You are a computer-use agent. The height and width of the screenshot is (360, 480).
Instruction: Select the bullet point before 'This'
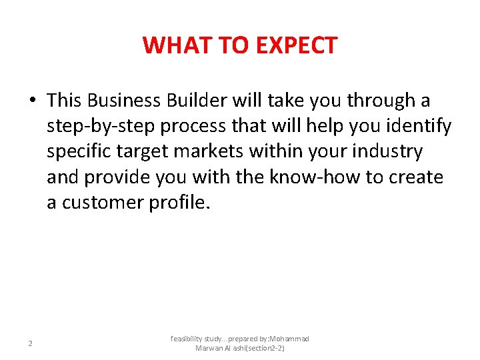32,101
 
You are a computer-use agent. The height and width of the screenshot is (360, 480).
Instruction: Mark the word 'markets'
213,152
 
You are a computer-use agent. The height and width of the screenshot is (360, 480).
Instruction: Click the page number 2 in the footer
30,343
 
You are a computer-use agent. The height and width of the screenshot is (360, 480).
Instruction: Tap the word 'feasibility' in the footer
187,339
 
